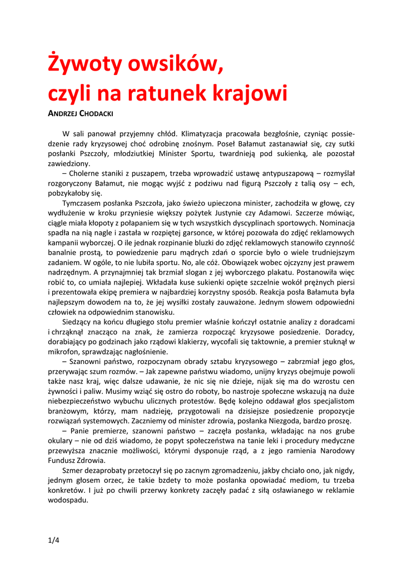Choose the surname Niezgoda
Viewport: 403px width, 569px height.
tap(306, 421)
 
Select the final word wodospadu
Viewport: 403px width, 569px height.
tap(68, 500)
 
